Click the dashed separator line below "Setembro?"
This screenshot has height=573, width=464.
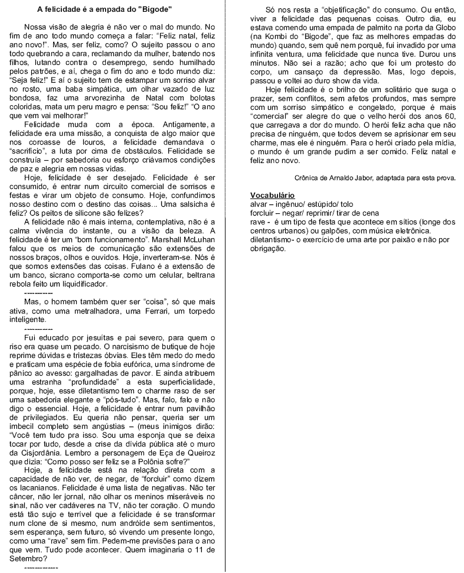[41, 567]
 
